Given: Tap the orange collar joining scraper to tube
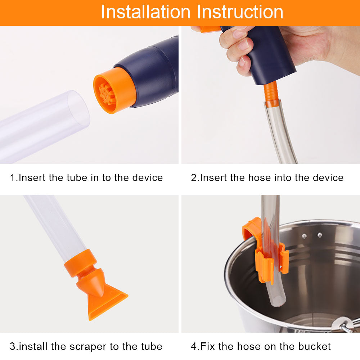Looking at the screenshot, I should click(x=81, y=263).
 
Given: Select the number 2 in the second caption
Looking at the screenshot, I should click(x=193, y=177).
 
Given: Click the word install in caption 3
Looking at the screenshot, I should click(x=33, y=347).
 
